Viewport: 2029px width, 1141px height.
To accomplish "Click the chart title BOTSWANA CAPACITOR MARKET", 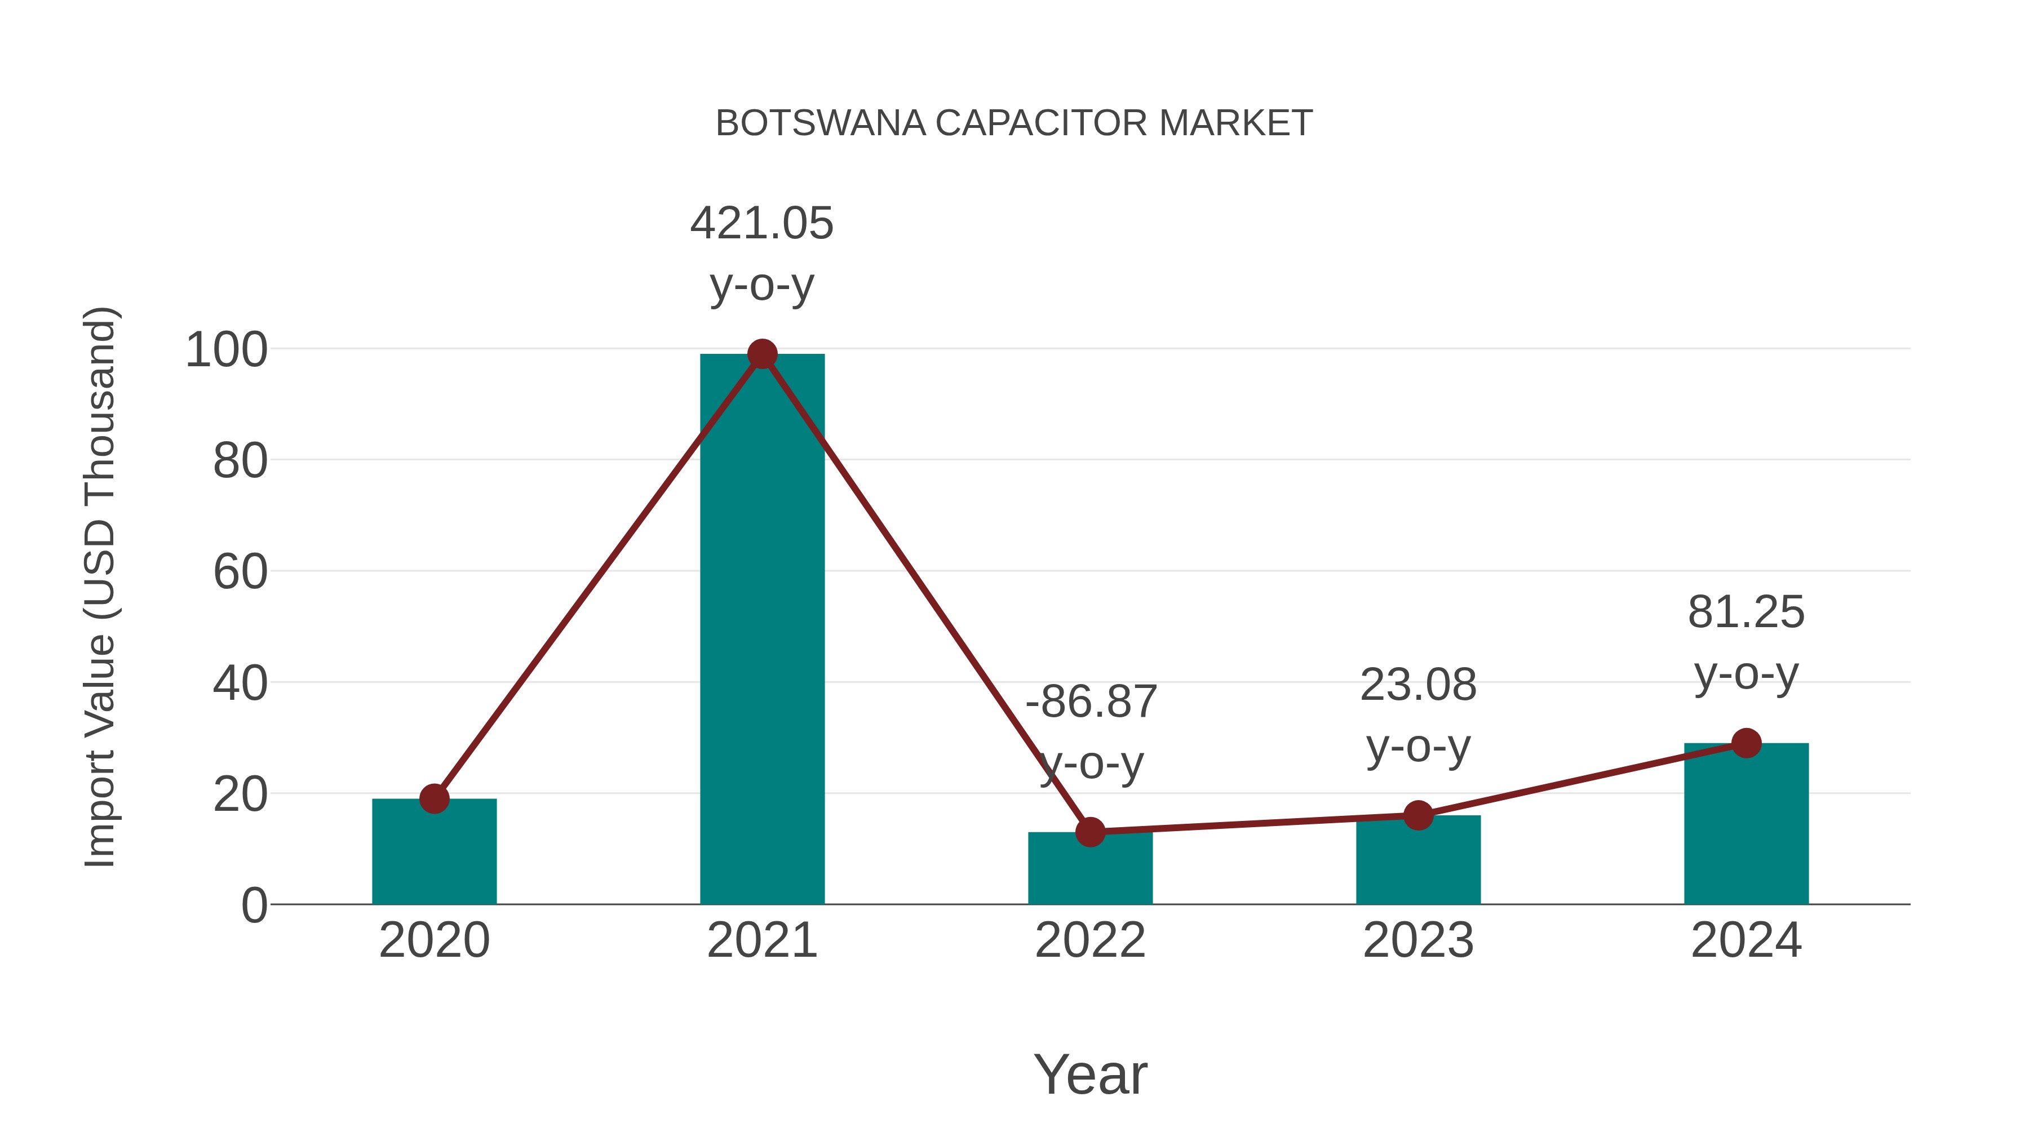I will click(1014, 123).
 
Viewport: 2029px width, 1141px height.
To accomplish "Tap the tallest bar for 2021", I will click(761, 630).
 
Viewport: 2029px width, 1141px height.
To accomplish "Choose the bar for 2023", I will click(1418, 862).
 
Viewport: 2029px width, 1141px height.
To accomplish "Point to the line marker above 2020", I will click(434, 798).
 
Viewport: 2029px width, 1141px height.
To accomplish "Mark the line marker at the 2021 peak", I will click(761, 354).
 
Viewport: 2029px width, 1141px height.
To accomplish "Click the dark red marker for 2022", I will click(1090, 832).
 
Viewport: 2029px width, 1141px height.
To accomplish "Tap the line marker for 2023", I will click(1418, 816).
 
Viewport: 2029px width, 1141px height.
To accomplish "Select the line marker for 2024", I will click(1746, 743).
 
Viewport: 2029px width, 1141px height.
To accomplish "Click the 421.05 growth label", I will click(761, 224).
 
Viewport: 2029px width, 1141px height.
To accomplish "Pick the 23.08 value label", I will click(1418, 685).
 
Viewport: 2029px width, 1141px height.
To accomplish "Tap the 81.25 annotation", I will click(1746, 612).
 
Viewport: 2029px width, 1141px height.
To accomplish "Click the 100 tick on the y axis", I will click(226, 350).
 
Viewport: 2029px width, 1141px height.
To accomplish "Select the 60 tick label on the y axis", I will click(240, 572).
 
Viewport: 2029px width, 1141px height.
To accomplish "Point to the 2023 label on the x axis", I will click(1418, 941).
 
